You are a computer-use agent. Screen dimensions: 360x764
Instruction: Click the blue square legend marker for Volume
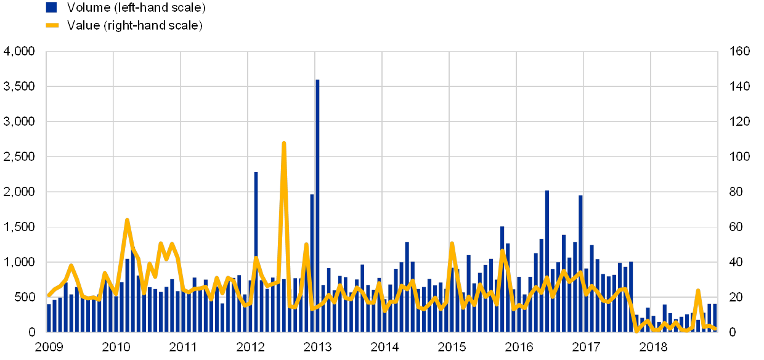[51, 7]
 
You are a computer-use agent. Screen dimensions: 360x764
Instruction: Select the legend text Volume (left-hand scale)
[136, 7]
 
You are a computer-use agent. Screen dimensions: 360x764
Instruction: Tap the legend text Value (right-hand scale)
[134, 25]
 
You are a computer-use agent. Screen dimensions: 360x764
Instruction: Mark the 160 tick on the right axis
[739, 51]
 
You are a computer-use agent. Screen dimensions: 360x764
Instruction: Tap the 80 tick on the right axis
[738, 192]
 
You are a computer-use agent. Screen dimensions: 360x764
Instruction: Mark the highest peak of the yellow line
[283, 144]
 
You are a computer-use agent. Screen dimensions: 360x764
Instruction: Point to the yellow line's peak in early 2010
[127, 220]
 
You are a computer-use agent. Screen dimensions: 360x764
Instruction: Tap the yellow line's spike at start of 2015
[452, 243]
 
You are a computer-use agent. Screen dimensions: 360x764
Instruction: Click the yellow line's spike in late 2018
[698, 290]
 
